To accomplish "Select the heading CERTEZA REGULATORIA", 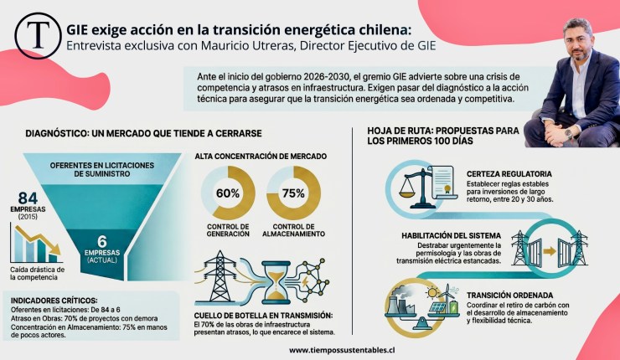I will point(509,174).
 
